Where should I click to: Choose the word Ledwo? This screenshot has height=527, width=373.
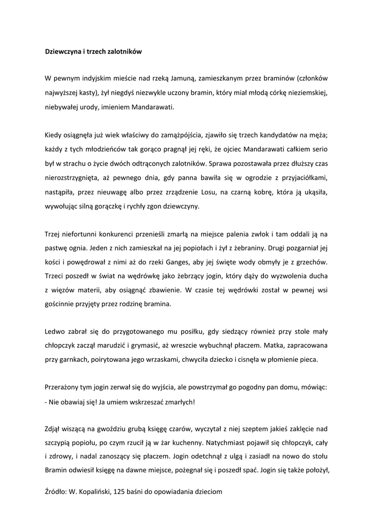[x=55, y=332]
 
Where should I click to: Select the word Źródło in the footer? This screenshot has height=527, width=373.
[x=56, y=492]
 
